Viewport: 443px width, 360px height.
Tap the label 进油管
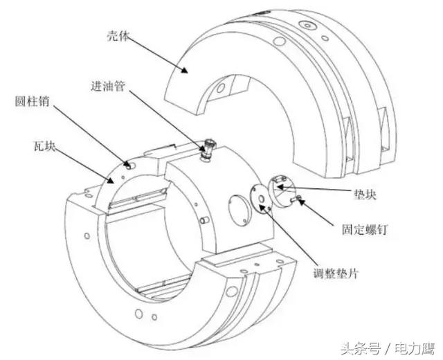(x=107, y=88)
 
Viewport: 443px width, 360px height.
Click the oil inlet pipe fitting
(x=208, y=150)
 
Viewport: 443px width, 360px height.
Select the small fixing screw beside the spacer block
(x=296, y=199)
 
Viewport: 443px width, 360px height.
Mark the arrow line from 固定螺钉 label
(x=325, y=213)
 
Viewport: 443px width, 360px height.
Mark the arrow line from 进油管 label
(x=166, y=118)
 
